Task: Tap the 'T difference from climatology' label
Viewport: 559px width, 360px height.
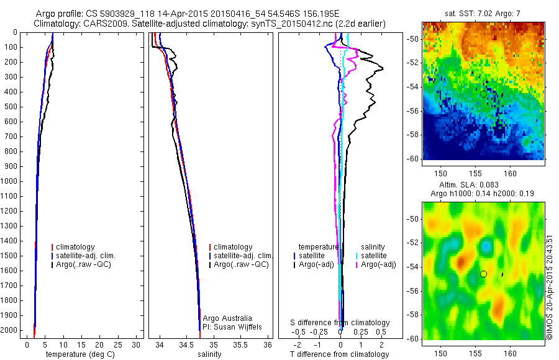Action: (x=339, y=354)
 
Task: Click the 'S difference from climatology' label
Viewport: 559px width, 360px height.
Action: (x=340, y=323)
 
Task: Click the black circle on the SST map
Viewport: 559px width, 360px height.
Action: (x=483, y=94)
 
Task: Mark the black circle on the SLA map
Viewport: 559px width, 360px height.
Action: (x=483, y=274)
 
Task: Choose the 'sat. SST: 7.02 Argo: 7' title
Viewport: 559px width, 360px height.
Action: (x=483, y=13)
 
